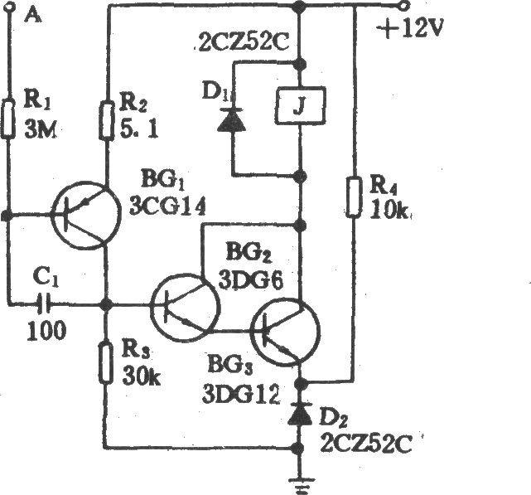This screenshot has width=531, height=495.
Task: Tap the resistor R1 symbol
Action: point(7,119)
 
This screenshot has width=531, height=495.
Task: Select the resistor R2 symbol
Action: point(106,120)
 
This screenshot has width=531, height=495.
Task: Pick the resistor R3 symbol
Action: point(106,363)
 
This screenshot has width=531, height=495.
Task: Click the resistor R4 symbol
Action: point(353,196)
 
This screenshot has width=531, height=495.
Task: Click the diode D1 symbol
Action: point(232,119)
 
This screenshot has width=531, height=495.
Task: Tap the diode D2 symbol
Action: point(300,413)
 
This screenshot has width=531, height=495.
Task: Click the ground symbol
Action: point(300,484)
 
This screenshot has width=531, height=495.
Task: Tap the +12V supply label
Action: point(410,28)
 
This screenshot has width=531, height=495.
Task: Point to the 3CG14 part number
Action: point(167,206)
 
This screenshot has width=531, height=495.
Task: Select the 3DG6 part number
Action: point(250,280)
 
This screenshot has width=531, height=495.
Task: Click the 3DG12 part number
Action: point(241,394)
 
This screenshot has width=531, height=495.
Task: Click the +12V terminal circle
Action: point(404,6)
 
